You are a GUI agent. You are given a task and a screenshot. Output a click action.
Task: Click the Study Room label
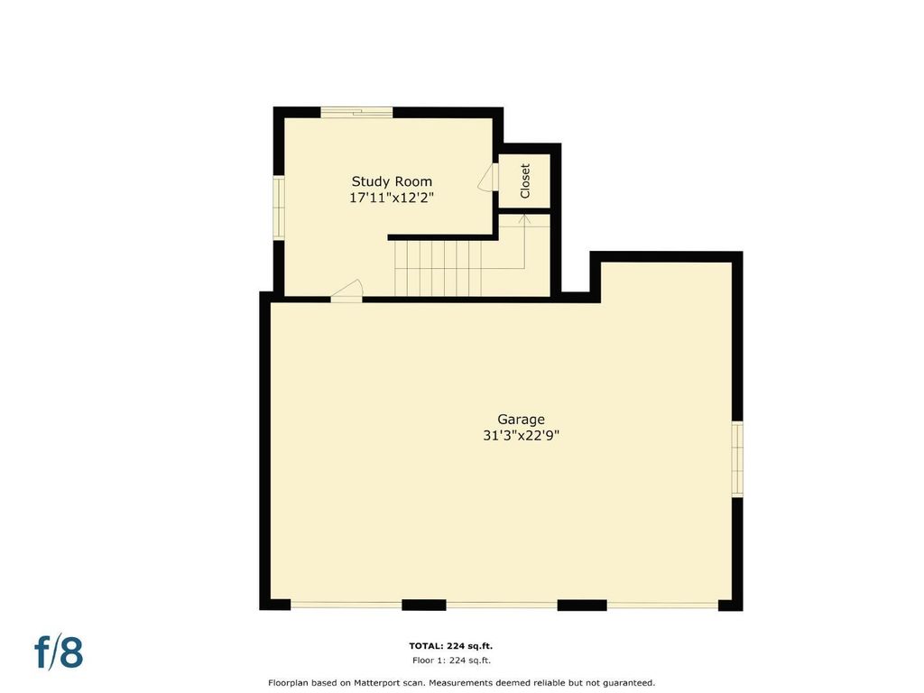tap(392, 181)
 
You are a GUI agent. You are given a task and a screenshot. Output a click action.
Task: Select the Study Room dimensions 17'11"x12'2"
tap(392, 198)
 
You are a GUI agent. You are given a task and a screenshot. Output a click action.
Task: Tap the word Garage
tap(521, 420)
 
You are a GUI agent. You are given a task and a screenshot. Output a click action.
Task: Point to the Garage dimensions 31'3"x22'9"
tap(521, 436)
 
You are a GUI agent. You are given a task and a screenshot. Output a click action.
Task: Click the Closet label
tap(525, 180)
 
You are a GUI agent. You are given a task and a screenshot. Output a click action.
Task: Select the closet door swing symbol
tap(488, 178)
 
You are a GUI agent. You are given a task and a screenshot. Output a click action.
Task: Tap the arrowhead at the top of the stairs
tap(524, 219)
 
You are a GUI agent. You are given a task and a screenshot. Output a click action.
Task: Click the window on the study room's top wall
tap(356, 112)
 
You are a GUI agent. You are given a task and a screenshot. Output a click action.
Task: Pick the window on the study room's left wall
tap(279, 208)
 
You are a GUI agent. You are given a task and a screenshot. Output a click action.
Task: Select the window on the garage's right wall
tap(736, 458)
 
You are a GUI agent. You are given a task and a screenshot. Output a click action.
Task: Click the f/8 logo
tap(59, 651)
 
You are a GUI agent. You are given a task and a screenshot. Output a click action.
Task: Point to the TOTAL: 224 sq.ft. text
tap(451, 646)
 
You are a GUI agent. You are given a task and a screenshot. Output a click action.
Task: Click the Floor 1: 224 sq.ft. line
tap(451, 661)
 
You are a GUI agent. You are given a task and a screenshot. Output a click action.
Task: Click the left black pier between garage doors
tap(424, 605)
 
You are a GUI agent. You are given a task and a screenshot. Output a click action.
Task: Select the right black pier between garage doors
tap(582, 605)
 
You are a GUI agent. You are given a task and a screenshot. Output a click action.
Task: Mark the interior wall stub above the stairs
tap(442, 237)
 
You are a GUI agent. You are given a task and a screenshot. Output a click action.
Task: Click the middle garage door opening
tap(502, 605)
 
